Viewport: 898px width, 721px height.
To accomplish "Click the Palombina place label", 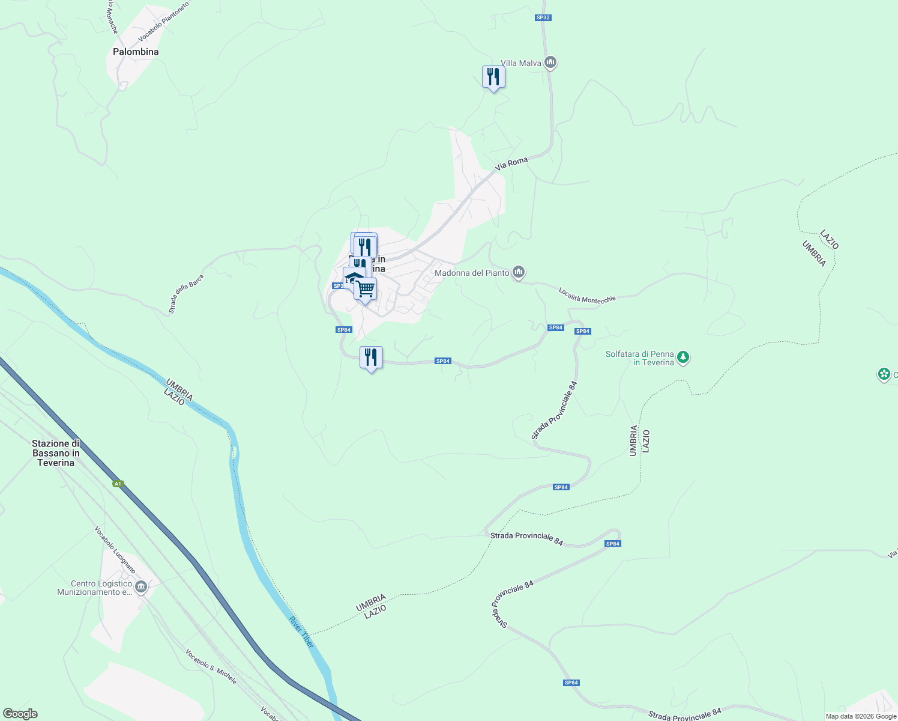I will tap(136, 52).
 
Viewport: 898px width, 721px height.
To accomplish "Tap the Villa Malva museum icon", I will tap(550, 62).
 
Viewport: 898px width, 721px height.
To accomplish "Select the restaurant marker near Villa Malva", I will tap(493, 78).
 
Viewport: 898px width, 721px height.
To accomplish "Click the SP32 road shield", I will tap(543, 17).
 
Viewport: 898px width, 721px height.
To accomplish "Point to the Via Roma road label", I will tap(511, 163).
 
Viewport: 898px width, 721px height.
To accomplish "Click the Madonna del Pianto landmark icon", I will tap(519, 273).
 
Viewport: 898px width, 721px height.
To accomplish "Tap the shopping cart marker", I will tap(365, 290).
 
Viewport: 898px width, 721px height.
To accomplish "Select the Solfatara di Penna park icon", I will tap(683, 357).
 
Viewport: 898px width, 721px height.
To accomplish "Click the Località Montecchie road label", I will tap(587, 295).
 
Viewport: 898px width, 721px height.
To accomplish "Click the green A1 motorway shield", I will tap(118, 484).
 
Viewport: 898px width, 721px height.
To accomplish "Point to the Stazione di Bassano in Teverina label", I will tap(56, 453).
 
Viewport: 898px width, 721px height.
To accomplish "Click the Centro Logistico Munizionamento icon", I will tap(141, 587).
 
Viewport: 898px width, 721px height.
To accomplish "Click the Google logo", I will tap(20, 714).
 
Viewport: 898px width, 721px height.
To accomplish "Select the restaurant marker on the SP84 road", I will tap(371, 358).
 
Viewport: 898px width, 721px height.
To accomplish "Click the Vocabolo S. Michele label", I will tap(211, 666).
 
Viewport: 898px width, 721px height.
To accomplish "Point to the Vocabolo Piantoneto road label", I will tap(164, 22).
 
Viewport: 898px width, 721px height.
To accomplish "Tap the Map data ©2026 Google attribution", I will tap(861, 716).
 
